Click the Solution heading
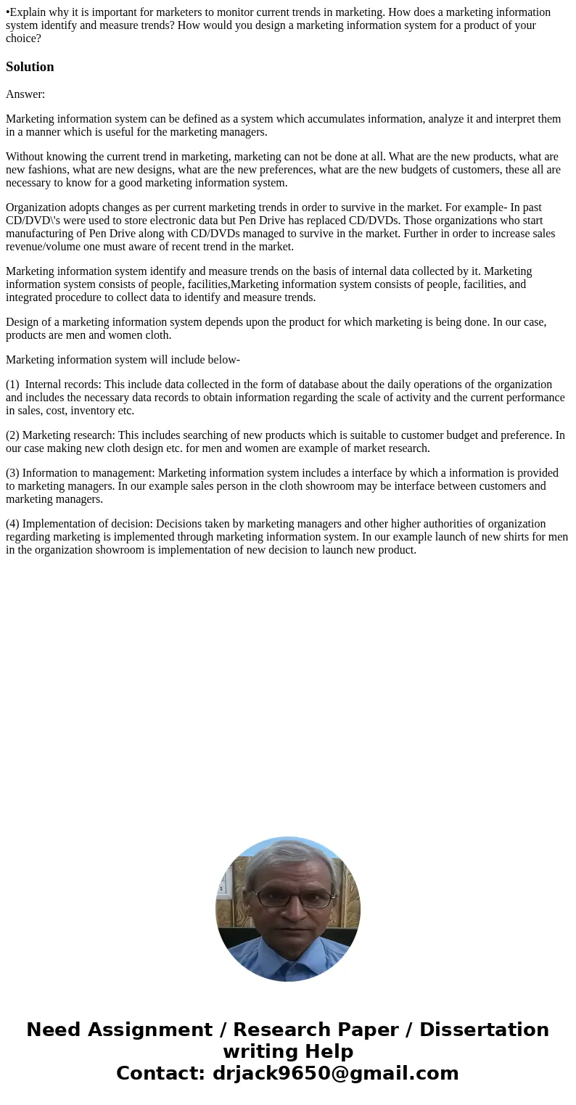30,67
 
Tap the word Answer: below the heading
25,94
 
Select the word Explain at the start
26,12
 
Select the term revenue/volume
44,247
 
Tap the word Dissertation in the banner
484,1030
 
